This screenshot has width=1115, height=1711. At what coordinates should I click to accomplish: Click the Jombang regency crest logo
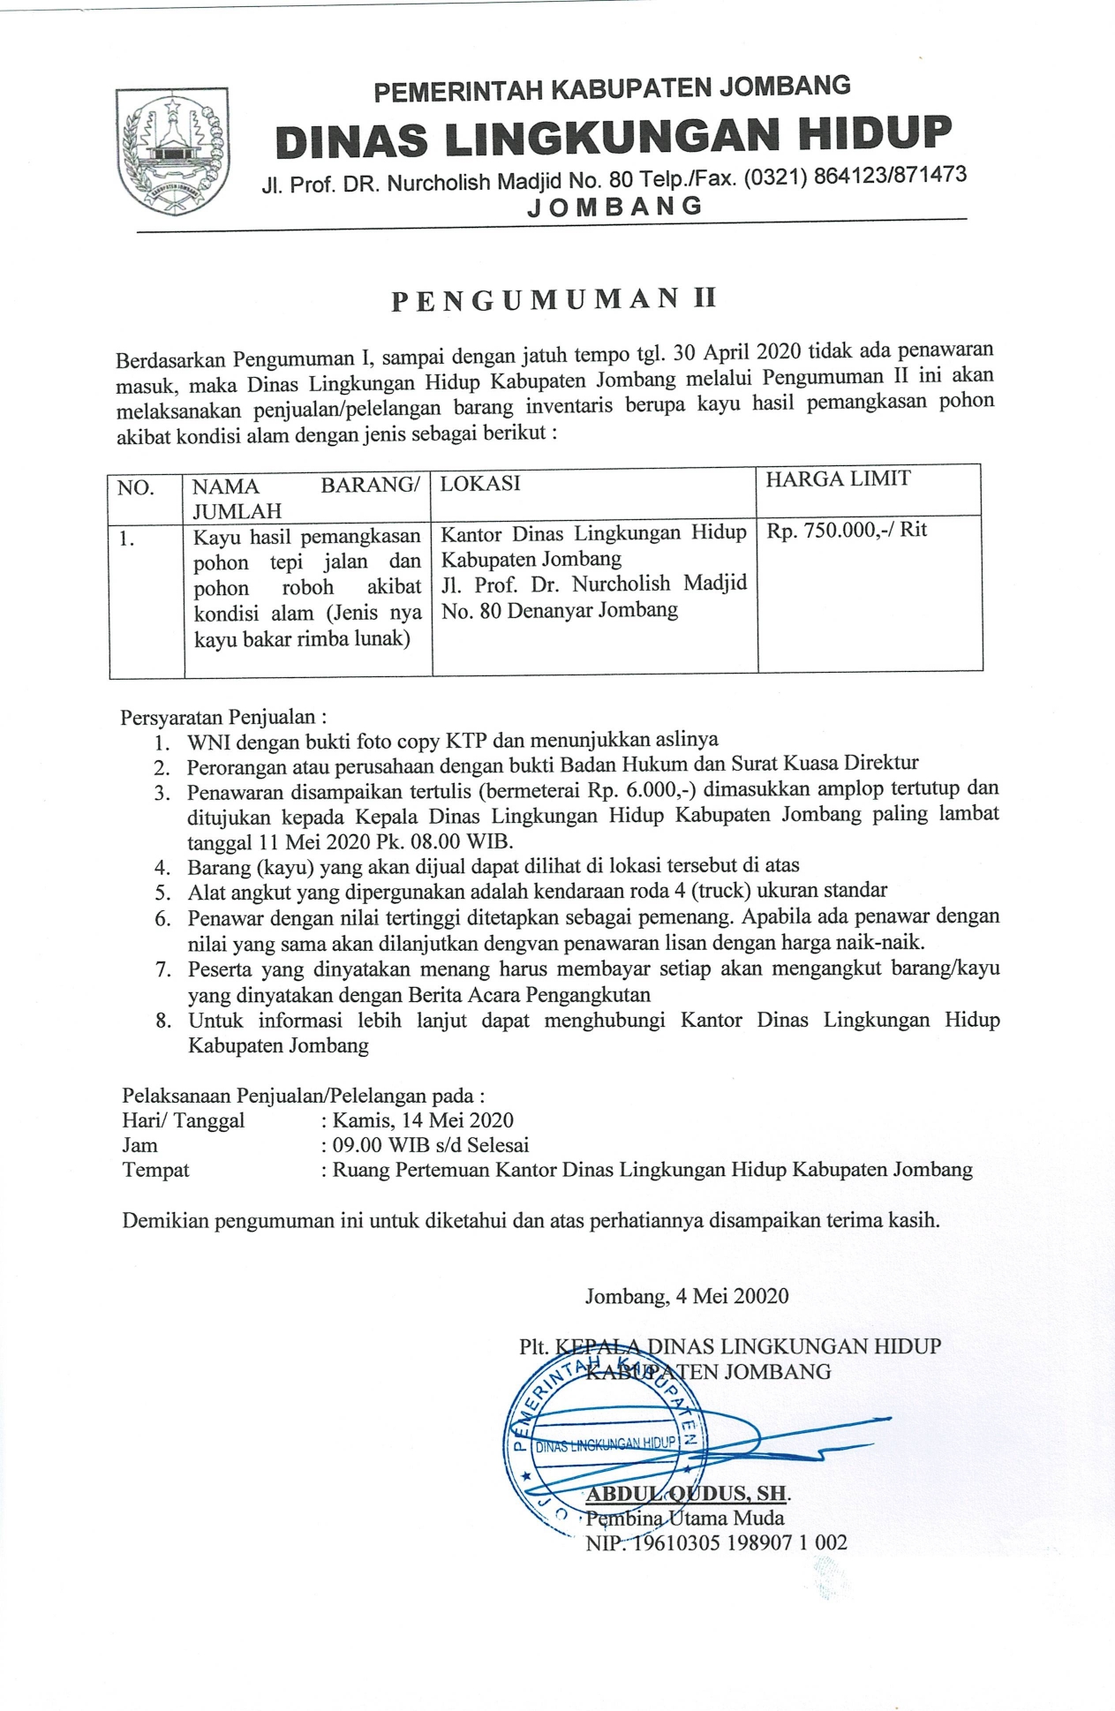click(173, 151)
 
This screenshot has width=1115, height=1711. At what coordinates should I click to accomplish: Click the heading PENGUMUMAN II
click(554, 300)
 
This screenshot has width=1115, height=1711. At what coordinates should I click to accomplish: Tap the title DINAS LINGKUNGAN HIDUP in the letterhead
click(614, 136)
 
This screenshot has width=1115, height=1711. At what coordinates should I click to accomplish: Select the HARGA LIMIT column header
click(838, 479)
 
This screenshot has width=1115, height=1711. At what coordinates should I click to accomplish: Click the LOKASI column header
click(480, 483)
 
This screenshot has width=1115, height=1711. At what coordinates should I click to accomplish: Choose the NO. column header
click(136, 488)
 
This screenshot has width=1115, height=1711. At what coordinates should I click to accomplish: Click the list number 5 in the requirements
click(162, 893)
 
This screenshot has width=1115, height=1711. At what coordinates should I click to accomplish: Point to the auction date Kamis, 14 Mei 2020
click(423, 1120)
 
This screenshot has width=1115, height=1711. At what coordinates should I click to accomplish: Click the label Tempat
click(155, 1171)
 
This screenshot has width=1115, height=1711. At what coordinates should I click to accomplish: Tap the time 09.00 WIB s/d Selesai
click(430, 1145)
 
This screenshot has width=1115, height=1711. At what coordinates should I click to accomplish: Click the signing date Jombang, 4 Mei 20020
click(686, 1296)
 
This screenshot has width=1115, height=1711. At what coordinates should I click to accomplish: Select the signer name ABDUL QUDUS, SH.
click(687, 1493)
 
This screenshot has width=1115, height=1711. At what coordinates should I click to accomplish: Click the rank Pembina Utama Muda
click(685, 1518)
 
